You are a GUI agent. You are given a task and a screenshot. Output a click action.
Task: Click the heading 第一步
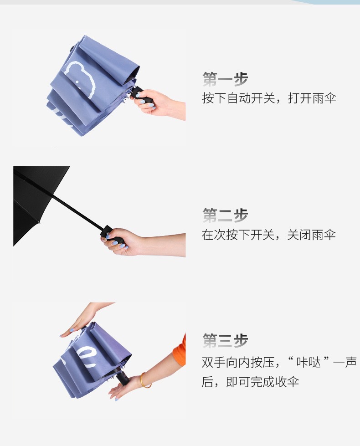(x=225, y=79)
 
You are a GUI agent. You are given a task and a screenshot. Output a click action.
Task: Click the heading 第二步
(x=225, y=215)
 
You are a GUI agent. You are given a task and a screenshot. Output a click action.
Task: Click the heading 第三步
(x=225, y=340)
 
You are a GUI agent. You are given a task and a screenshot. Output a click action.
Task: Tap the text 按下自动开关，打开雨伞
(x=269, y=98)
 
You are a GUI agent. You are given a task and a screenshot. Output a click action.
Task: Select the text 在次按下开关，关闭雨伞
(x=269, y=235)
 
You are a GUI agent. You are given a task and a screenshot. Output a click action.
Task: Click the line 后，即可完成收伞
(x=250, y=382)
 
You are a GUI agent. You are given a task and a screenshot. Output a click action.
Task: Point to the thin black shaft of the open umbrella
(x=77, y=212)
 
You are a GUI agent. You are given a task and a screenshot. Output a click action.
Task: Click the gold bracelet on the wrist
(x=145, y=380)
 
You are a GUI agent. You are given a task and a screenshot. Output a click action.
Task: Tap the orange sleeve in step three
(x=181, y=351)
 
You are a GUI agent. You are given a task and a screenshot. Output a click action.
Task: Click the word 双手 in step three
(x=213, y=363)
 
